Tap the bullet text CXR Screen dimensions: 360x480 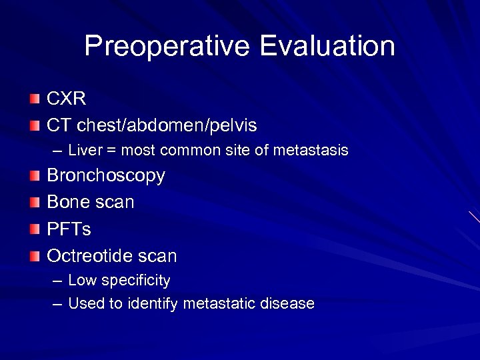66,99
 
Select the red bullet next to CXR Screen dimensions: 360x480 35,99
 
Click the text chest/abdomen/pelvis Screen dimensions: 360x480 167,125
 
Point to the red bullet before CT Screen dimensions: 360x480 35,125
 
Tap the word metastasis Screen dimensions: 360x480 313,151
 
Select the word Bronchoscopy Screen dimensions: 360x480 105,177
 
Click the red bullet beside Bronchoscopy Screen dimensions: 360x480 35,177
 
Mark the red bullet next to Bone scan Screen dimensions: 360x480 35,203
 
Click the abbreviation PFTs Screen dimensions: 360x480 69,229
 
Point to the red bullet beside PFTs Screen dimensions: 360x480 35,229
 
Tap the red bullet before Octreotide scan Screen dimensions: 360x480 35,255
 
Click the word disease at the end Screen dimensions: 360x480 287,303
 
